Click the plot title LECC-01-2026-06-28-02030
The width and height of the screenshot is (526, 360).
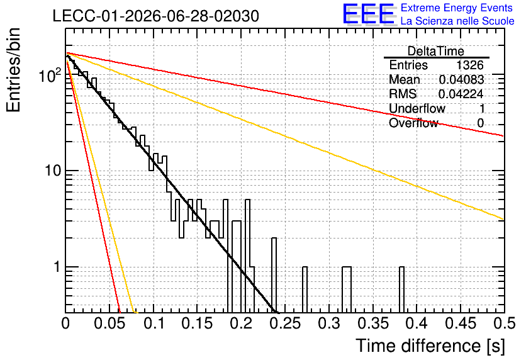pyautogui.click(x=155, y=16)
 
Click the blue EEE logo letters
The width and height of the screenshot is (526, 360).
pyautogui.click(x=368, y=14)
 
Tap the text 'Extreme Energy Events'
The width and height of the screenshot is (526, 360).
pyautogui.click(x=457, y=8)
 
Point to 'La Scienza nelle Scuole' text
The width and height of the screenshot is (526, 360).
pyautogui.click(x=457, y=21)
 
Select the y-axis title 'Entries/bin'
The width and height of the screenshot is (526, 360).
pyautogui.click(x=14, y=70)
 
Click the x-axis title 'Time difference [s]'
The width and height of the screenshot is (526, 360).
pyautogui.click(x=430, y=346)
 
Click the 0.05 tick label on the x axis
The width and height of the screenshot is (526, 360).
pyautogui.click(x=109, y=323)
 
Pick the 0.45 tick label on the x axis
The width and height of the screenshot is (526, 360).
pyautogui.click(x=461, y=323)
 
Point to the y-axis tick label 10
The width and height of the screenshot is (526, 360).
pyautogui.click(x=53, y=171)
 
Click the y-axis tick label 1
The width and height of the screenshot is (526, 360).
pyautogui.click(x=57, y=267)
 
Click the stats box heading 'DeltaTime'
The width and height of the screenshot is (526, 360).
pyautogui.click(x=436, y=51)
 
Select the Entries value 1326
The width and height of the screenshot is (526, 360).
pyautogui.click(x=469, y=65)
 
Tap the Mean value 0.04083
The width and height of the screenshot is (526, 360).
pyautogui.click(x=461, y=79)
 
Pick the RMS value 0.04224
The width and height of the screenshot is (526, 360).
pyautogui.click(x=461, y=94)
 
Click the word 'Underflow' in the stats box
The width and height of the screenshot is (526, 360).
pyautogui.click(x=417, y=108)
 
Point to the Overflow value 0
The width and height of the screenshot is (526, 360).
pyautogui.click(x=480, y=123)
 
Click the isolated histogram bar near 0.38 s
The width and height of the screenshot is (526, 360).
pyautogui.click(x=401, y=290)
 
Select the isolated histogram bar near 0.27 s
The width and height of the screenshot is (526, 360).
pyautogui.click(x=305, y=290)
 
